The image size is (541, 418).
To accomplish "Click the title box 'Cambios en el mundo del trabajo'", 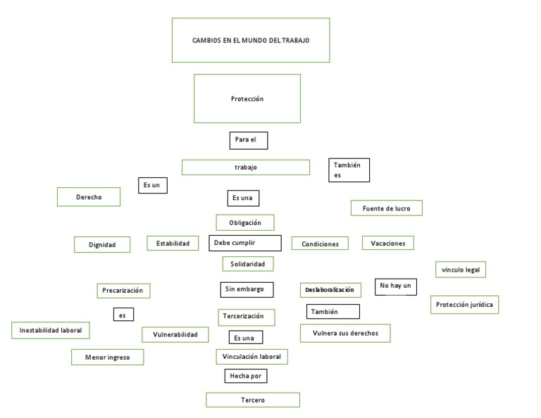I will [251, 40].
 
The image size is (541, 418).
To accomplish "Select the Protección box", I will [247, 99].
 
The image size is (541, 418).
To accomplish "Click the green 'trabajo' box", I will [245, 167].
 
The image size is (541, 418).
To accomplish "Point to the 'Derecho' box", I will [89, 197].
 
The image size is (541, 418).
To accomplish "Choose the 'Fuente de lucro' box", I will [386, 208].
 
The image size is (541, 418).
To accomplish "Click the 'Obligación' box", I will [245, 222].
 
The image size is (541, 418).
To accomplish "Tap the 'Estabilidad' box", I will [172, 243].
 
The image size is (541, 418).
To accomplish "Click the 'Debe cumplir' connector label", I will [244, 243].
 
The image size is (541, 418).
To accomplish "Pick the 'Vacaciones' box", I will [388, 243].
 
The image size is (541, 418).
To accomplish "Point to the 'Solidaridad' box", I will [247, 264].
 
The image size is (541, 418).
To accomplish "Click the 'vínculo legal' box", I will [460, 270].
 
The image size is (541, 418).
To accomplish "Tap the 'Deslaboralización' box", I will [330, 289].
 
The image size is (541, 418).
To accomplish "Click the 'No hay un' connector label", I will [396, 286].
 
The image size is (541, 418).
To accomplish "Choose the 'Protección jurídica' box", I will [464, 305].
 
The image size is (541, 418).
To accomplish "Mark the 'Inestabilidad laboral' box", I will [51, 329].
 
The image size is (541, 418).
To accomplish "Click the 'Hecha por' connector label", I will [245, 376].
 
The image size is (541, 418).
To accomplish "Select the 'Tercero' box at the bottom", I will [252, 400].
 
